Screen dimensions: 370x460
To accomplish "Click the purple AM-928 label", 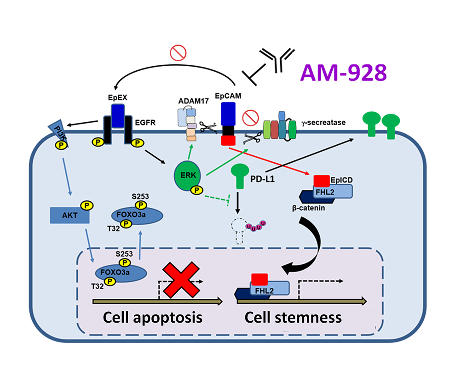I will tap(343, 73).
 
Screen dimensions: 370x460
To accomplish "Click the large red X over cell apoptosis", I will tap(180, 282).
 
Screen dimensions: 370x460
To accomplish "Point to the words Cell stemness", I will tap(293, 317).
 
